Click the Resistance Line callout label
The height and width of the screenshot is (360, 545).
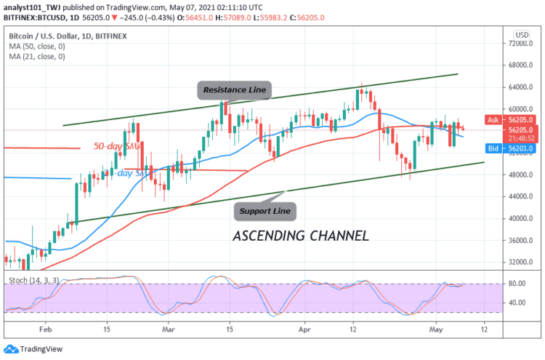click(x=234, y=91)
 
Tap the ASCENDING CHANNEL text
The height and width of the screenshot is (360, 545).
click(x=300, y=236)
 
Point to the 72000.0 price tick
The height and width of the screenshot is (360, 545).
click(x=522, y=44)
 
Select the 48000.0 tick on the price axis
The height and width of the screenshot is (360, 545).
click(x=522, y=175)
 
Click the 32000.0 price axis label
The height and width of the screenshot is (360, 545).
click(x=522, y=262)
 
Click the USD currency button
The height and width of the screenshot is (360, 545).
click(x=521, y=33)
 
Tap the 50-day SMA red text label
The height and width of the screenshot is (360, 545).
click(x=115, y=146)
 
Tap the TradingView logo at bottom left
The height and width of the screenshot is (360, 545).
click(x=33, y=348)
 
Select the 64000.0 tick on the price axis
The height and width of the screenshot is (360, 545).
click(x=522, y=87)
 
